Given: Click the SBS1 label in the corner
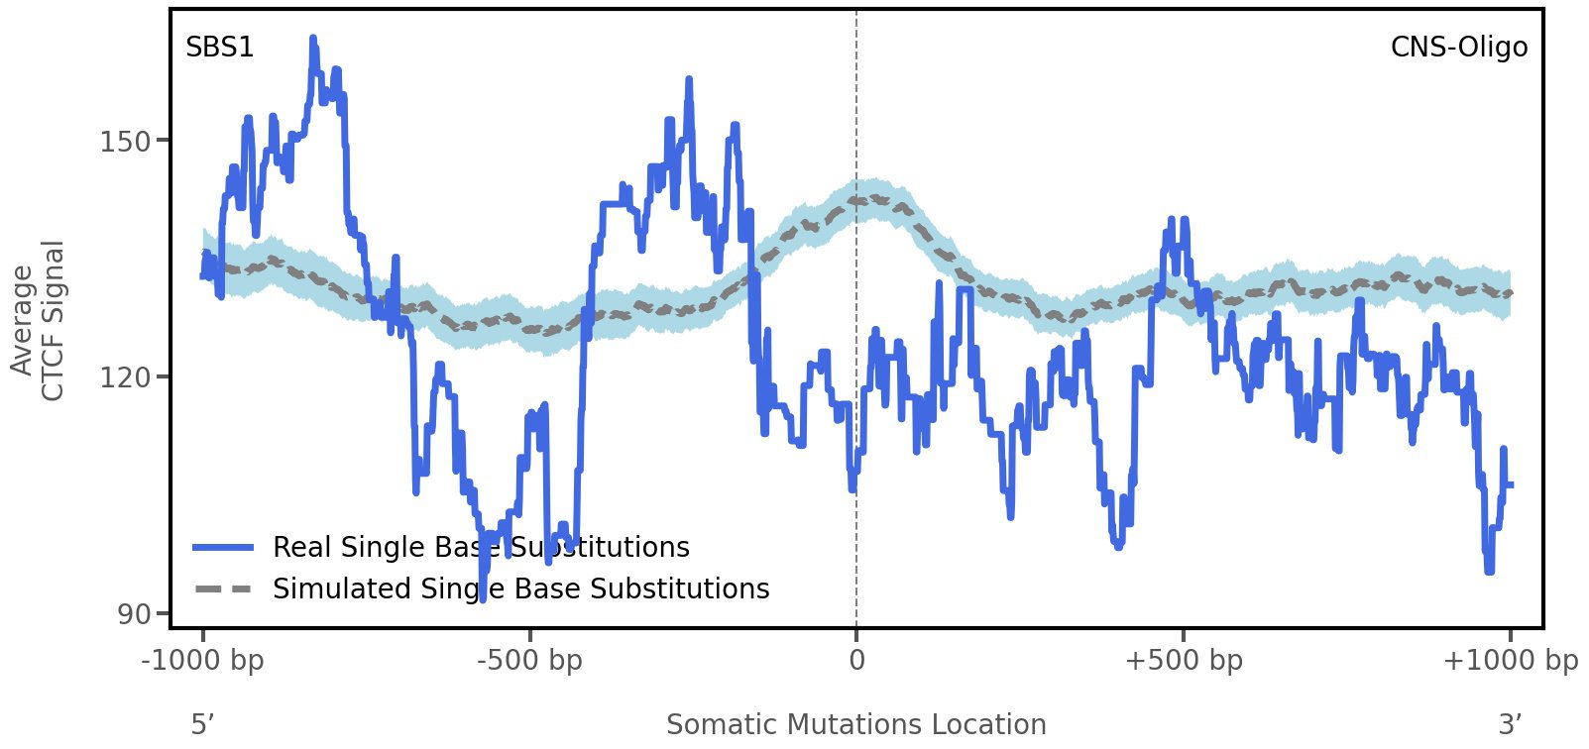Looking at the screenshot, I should (x=219, y=48).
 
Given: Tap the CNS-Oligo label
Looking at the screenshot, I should (x=1458, y=48).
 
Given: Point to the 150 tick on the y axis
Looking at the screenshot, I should (x=125, y=142).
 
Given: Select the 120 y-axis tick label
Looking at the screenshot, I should (x=125, y=378).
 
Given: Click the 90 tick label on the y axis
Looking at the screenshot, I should (x=134, y=615).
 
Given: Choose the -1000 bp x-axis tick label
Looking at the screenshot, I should (x=203, y=661).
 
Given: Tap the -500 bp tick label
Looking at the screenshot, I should (x=529, y=661).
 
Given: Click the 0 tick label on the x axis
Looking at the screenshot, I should (x=856, y=661).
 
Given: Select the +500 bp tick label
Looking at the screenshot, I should (x=1184, y=661).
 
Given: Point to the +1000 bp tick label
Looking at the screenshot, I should (x=1510, y=661).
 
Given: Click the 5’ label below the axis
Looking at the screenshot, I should (x=202, y=725).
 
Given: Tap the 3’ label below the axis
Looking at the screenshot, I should (x=1510, y=725).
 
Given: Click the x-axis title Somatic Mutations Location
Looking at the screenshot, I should (x=855, y=725).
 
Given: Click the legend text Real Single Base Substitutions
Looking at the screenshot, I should (x=481, y=548).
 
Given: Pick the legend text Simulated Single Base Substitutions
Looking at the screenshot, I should (x=520, y=589).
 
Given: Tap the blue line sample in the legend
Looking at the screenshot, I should (x=223, y=548).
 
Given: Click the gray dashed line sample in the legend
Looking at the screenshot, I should (x=223, y=589).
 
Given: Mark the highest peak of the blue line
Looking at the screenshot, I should (x=313, y=40).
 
